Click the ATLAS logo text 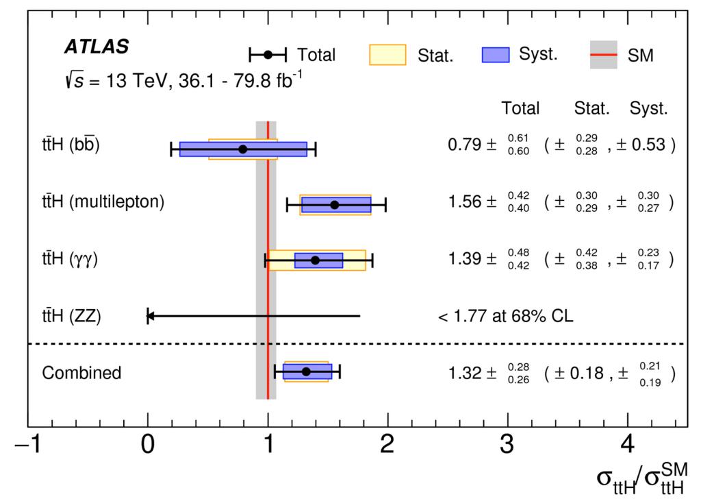point(96,47)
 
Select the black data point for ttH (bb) point(242,149)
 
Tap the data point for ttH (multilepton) point(334,204)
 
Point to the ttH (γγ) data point point(315,260)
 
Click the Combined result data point point(306,372)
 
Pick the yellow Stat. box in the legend point(387,55)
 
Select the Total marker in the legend point(268,55)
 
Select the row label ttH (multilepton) point(103,203)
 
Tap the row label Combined point(81,373)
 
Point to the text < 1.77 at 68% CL point(505,317)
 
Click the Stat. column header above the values point(591,108)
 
